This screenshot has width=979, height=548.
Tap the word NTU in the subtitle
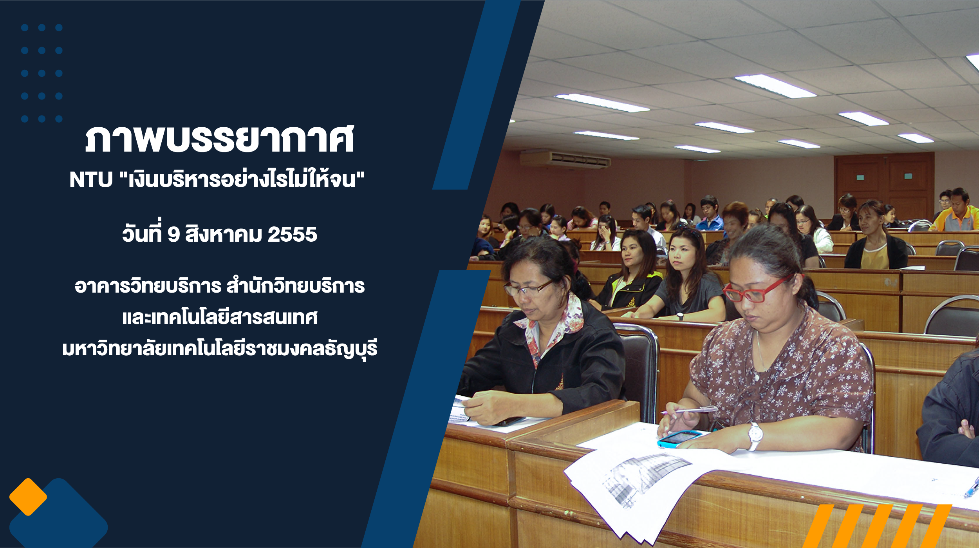[91, 180]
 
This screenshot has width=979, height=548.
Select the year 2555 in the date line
[292, 235]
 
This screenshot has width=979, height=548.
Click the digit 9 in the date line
[173, 235]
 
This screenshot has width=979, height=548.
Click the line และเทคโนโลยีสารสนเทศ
[220, 317]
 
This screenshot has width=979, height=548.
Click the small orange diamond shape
[28, 497]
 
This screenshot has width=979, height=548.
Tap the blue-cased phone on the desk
[679, 438]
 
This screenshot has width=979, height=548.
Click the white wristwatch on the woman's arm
[755, 436]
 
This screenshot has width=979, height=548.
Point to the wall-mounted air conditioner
[565, 159]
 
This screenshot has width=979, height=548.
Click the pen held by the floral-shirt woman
[689, 410]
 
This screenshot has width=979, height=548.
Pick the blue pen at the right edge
[972, 488]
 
